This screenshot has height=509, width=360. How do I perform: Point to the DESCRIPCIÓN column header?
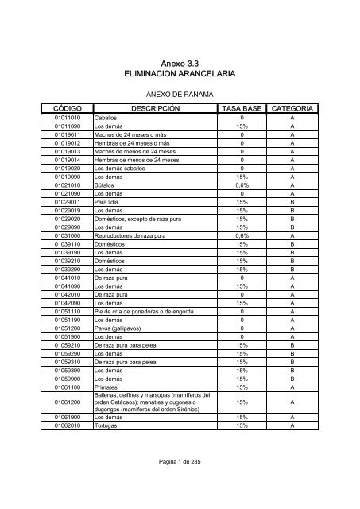point(155,108)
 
